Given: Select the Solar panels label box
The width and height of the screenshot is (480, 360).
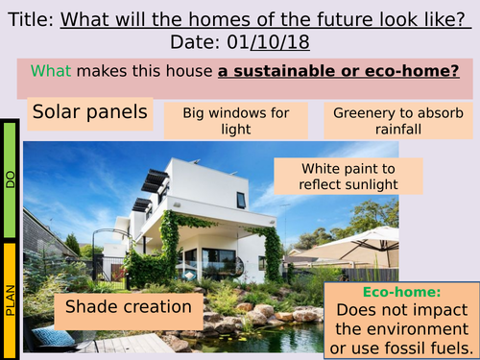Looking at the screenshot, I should tap(90, 113).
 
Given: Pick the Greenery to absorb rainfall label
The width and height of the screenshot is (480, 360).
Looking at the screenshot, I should tap(397, 121).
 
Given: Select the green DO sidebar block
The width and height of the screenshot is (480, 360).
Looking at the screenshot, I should tap(11, 180).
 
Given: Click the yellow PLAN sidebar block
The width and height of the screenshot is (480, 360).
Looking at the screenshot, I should tap(11, 298).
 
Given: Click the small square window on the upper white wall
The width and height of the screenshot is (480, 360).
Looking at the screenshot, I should tap(241, 200).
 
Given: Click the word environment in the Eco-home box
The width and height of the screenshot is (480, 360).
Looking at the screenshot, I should tap(400, 327).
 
